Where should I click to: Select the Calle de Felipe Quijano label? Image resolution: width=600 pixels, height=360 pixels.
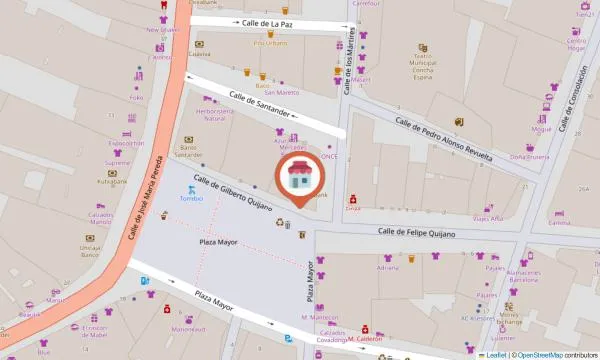coord(416,233)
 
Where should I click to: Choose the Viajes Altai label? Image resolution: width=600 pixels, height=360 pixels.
coord(488,218)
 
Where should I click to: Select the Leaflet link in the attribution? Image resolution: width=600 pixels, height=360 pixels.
coord(494,354)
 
